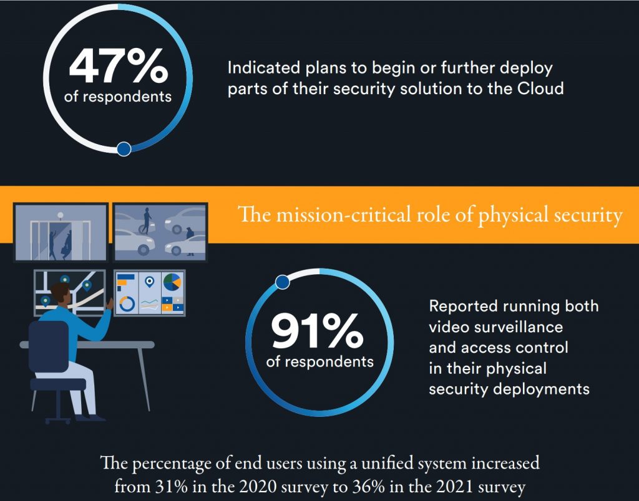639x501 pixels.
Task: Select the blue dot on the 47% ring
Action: coord(124,148)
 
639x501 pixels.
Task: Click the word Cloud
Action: coord(541,88)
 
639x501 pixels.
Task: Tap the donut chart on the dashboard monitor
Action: coord(127,304)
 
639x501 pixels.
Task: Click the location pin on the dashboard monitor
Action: coord(149,282)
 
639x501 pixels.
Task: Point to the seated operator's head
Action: coord(62,293)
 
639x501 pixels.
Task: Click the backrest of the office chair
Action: coord(49,346)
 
